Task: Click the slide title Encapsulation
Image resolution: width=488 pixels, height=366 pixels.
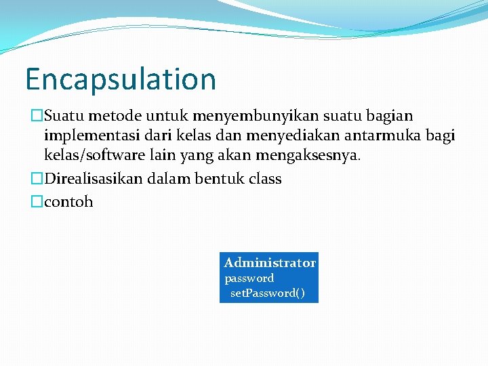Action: coord(121,79)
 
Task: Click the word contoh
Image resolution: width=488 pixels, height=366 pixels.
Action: coord(68,202)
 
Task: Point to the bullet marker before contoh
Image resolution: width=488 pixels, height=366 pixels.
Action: coord(37,202)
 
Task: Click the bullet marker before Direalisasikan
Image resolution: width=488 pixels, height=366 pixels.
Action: coord(37,179)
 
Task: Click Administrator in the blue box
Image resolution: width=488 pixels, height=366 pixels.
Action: coord(270,262)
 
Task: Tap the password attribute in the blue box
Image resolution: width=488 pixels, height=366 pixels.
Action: coord(249,278)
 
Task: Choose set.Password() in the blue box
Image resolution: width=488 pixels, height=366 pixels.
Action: coord(267,293)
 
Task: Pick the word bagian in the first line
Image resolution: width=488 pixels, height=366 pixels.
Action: coord(389,117)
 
